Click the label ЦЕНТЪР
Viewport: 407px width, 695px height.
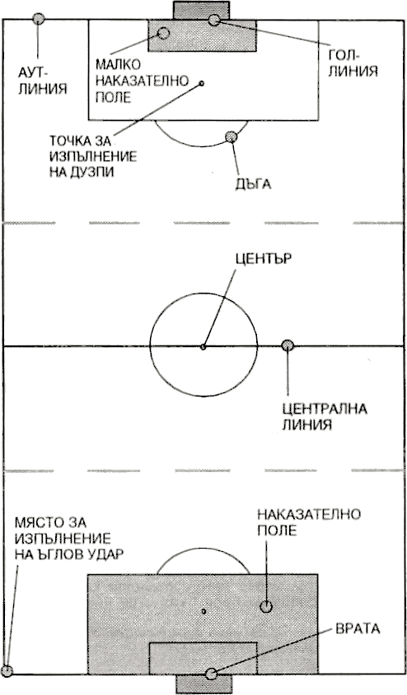[x=264, y=258]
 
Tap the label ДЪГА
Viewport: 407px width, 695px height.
[x=253, y=184]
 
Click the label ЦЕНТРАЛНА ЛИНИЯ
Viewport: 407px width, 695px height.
[x=325, y=416]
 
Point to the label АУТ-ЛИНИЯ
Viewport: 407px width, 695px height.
[x=42, y=81]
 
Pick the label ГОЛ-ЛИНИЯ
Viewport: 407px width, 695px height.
[x=353, y=63]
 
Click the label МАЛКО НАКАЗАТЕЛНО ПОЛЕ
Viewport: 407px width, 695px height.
[x=142, y=81]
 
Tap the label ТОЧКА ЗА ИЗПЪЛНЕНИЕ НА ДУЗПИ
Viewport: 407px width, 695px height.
[x=93, y=156]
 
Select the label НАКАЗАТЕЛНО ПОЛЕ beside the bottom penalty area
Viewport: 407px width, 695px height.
[x=309, y=522]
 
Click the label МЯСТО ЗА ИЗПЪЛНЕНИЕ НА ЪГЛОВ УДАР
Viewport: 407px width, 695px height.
[x=68, y=538]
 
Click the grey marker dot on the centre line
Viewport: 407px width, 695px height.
[x=288, y=345]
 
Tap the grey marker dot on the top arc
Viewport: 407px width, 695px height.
[x=231, y=137]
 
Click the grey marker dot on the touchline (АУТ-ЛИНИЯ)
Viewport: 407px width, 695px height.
[x=38, y=19]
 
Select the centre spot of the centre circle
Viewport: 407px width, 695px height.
[x=203, y=346]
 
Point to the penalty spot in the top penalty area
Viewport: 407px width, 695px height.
[x=202, y=83]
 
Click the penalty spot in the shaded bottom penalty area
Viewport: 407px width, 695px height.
[x=203, y=611]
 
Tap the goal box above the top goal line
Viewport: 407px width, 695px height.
[x=201, y=10]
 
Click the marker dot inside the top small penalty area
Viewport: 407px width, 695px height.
[x=163, y=33]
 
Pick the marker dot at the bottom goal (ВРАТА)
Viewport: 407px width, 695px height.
[x=211, y=674]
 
